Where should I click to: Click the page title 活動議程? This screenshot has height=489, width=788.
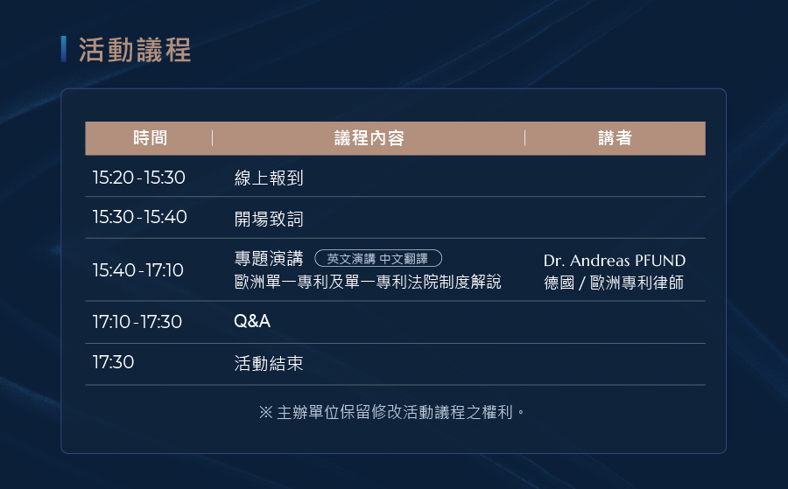(135, 50)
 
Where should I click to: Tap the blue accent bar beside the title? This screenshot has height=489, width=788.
(64, 49)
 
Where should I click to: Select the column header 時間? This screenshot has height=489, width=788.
(150, 138)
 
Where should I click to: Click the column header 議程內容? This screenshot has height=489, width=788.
(369, 138)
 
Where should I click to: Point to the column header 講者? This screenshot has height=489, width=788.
(615, 138)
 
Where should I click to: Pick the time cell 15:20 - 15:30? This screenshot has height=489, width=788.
(138, 178)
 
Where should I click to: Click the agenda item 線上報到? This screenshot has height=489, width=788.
(269, 178)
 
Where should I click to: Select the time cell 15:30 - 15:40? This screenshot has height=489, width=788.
(140, 217)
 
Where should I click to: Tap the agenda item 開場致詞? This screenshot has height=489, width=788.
(269, 219)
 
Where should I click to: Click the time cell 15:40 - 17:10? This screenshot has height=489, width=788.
(138, 270)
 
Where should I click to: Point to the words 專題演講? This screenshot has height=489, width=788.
(269, 259)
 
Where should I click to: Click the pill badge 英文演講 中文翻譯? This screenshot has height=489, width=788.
(378, 259)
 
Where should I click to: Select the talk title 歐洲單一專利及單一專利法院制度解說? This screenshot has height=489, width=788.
(368, 282)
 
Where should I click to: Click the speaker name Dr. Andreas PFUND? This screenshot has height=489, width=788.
(615, 261)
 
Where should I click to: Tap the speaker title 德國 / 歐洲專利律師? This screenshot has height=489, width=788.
(614, 283)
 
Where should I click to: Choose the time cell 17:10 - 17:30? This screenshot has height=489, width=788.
(137, 322)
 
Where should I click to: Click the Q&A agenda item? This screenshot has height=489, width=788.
(252, 321)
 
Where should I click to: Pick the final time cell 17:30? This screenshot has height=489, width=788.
(113, 362)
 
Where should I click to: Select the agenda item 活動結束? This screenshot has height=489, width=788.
(269, 364)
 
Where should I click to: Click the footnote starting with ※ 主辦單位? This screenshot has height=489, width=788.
(392, 412)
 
